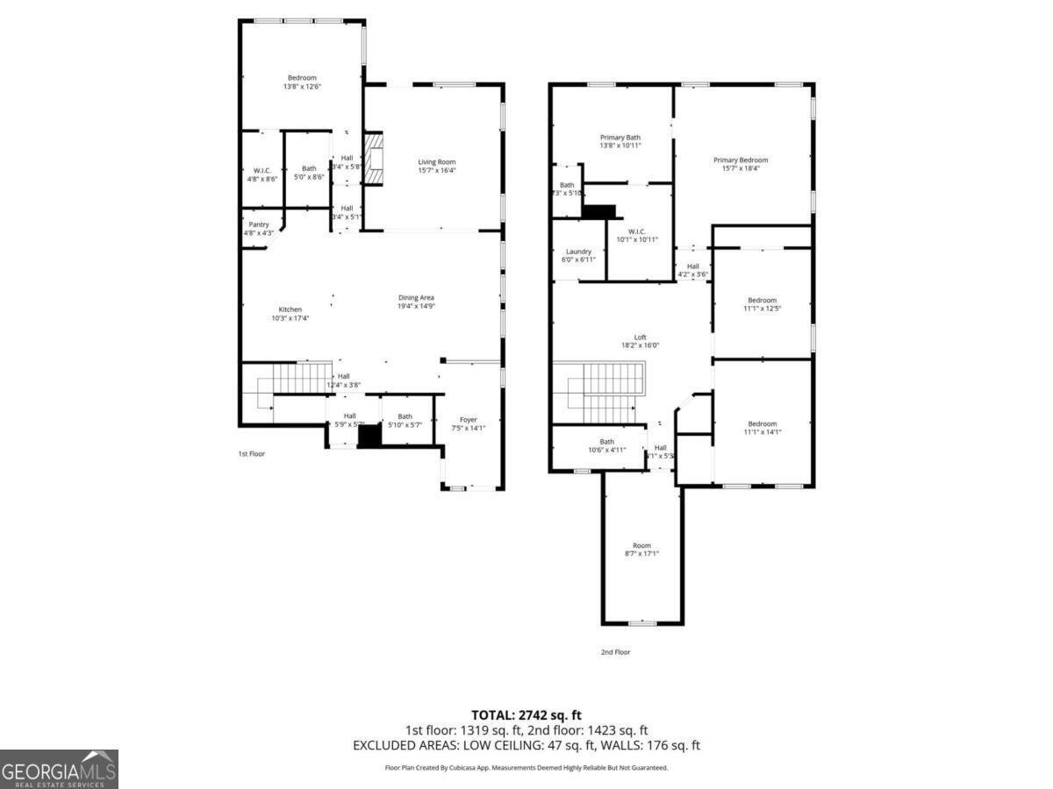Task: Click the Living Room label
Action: (x=436, y=161)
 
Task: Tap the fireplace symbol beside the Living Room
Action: (x=375, y=159)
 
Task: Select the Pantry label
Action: (x=258, y=224)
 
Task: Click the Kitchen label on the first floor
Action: (x=290, y=309)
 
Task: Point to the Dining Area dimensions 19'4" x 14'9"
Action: (x=416, y=306)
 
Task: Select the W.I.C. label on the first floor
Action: (x=261, y=169)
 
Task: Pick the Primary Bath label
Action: (x=620, y=138)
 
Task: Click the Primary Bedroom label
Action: (x=740, y=160)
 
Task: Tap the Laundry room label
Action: (x=578, y=252)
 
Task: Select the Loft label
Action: (x=640, y=337)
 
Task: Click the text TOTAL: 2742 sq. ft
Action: (x=526, y=715)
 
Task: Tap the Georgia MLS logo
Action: (x=59, y=769)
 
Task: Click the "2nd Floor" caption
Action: (x=615, y=652)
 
